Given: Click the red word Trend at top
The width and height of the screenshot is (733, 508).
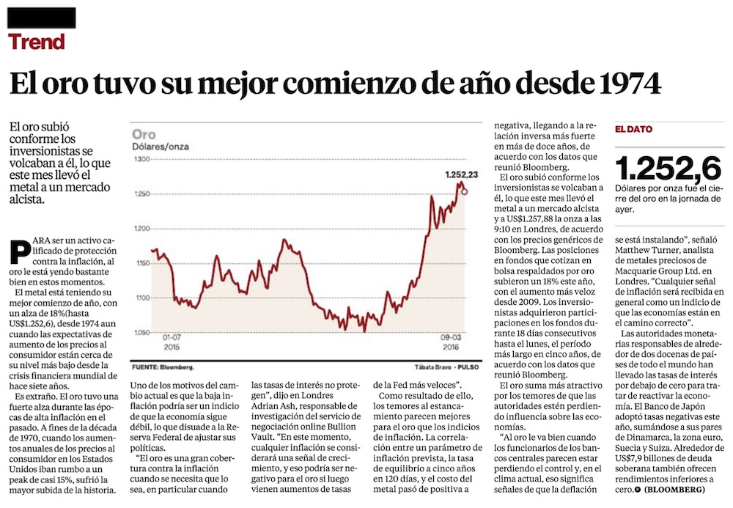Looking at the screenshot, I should point(37,41).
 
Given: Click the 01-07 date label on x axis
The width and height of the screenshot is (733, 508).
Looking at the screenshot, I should point(172,338).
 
